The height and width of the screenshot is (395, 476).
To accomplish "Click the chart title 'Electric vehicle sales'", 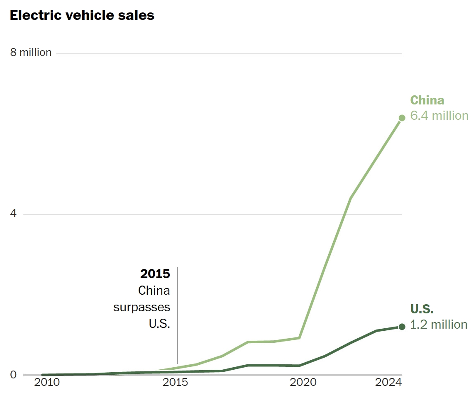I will tap(82, 15).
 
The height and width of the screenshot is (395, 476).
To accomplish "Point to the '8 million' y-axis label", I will tap(31, 53).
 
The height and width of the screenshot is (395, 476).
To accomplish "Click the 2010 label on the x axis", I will tap(46, 383).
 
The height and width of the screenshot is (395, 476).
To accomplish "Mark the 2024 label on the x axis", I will tap(388, 383).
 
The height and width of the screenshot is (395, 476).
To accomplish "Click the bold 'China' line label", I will tap(427, 100).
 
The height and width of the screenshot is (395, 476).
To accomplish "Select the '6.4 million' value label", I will tap(439, 116).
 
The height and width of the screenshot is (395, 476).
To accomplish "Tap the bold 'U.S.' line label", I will tap(422, 309).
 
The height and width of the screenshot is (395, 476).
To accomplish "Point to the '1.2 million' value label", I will tap(439, 325).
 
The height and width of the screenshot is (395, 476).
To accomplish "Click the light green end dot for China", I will tap(402, 118).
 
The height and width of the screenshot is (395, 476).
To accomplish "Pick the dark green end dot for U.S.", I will tap(402, 327).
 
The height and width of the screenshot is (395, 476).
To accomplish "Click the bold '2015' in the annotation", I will tap(155, 274).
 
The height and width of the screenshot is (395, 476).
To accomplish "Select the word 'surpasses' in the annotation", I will tap(142, 307).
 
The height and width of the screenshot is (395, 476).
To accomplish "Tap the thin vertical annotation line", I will tap(177, 315).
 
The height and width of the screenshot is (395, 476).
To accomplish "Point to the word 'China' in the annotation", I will tap(154, 291).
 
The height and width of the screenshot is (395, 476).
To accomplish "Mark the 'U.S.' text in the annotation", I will tap(160, 323).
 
